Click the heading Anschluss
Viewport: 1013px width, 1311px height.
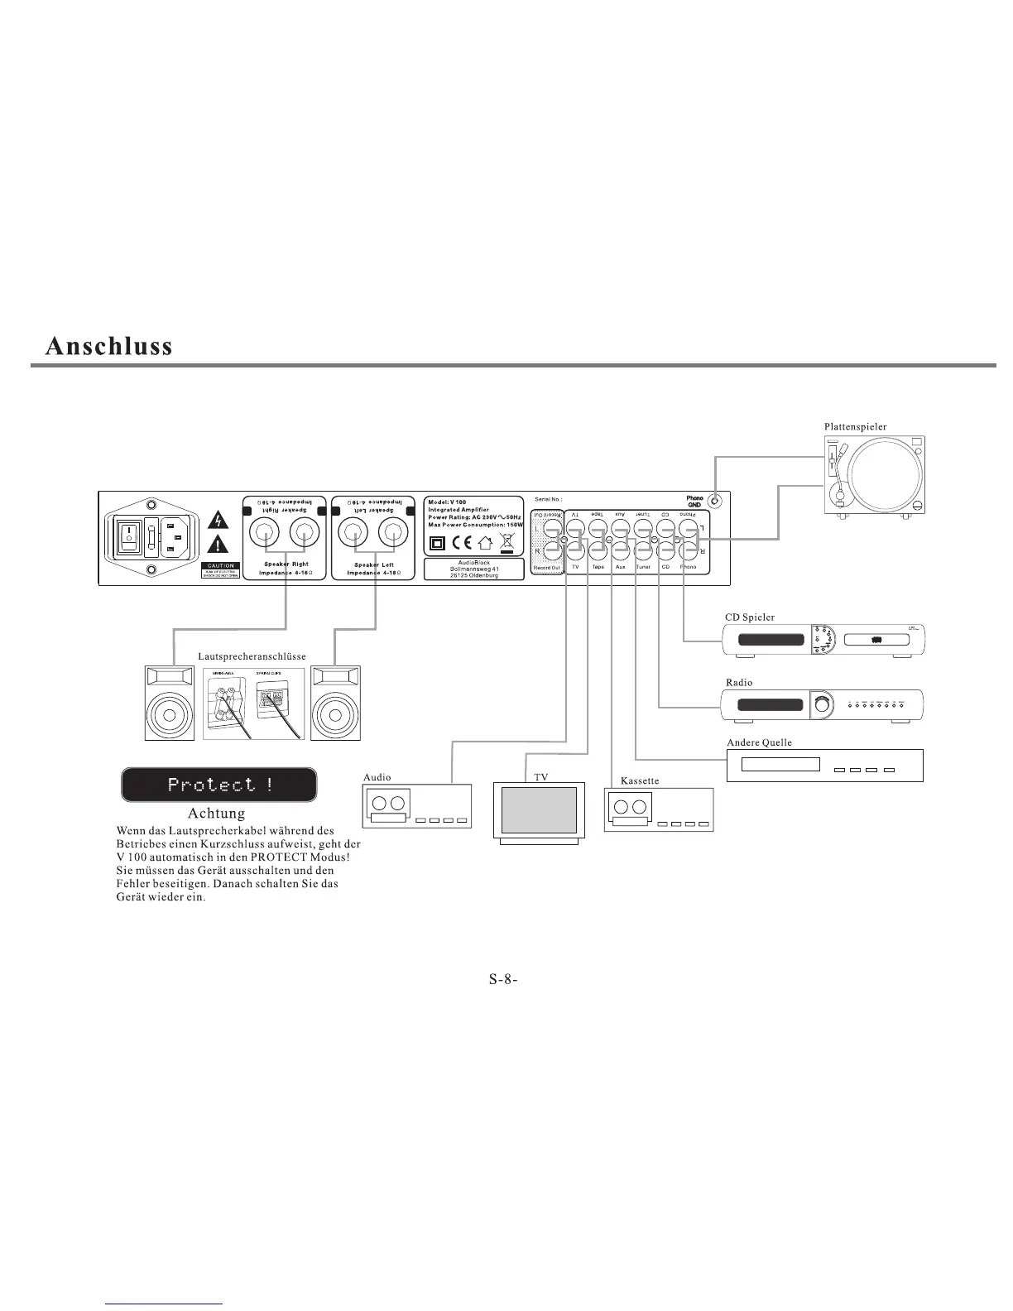109,345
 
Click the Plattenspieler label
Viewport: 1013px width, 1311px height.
855,426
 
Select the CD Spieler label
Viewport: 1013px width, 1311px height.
749,617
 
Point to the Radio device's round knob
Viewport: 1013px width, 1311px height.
821,704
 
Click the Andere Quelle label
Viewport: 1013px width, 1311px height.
759,742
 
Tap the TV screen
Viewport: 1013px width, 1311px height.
539,810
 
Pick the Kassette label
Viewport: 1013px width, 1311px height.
639,780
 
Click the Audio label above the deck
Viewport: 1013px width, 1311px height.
377,777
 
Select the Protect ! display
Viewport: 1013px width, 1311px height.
219,785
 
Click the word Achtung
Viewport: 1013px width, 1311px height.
216,813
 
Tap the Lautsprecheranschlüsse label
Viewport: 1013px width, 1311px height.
252,656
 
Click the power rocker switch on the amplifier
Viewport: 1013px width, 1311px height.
129,536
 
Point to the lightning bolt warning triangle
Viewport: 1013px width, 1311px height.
218,521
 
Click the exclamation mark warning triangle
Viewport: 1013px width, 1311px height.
218,545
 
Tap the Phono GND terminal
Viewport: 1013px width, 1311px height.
717,501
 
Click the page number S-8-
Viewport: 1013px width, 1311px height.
502,979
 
